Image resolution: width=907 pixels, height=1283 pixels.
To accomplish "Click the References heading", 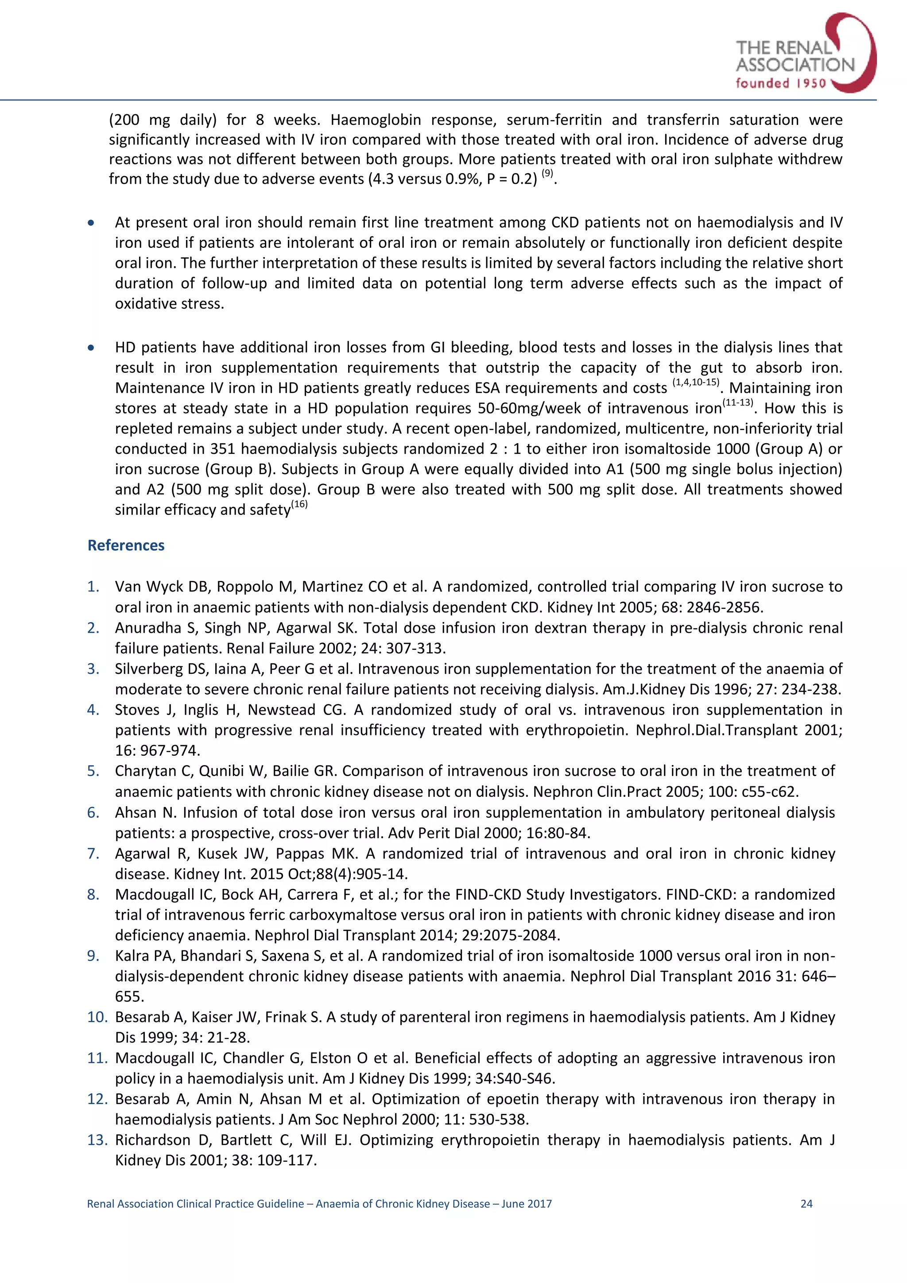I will click(126, 545).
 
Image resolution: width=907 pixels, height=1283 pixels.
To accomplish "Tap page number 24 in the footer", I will click(806, 1204).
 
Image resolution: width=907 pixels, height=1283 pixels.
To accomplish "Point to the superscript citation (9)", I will click(547, 174).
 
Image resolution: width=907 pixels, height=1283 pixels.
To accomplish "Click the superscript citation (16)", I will click(299, 505).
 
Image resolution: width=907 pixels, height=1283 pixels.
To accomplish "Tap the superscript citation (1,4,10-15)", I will click(695, 383).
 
